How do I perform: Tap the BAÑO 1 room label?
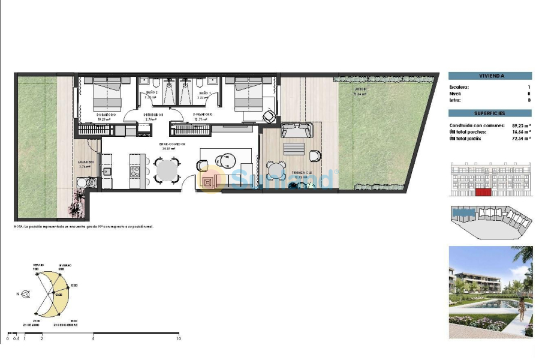coord(204,92)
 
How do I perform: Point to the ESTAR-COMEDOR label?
coord(172,145)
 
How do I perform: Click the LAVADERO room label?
coord(85,162)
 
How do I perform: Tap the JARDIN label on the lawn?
coord(360,89)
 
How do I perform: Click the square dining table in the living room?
coord(166,170)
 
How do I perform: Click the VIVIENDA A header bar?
coord(490,76)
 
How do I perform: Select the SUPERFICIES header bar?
coord(490,113)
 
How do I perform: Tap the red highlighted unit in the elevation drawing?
coord(483,192)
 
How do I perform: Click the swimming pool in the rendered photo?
coord(492,307)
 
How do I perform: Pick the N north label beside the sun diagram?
coord(19,294)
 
